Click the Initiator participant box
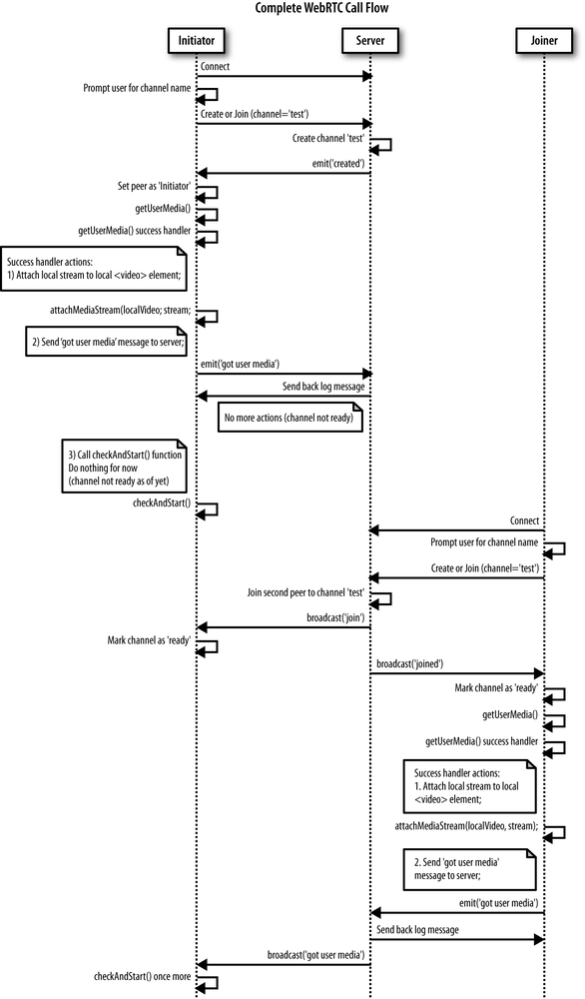coord(197,39)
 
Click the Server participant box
coord(369,39)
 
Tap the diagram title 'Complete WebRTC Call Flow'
coord(292,9)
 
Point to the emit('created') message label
coord(337,163)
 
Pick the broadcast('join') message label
coord(334,617)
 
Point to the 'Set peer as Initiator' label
coord(153,187)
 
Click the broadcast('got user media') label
coord(314,954)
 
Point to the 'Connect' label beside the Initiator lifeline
coord(215,66)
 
